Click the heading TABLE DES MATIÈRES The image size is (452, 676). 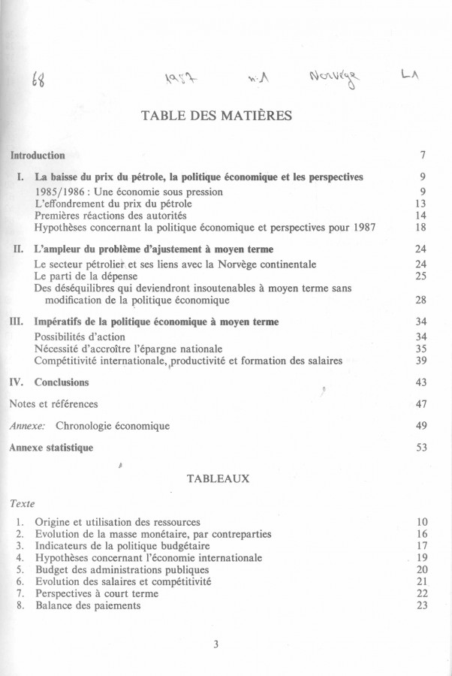[x=217, y=116]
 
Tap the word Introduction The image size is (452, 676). [x=37, y=155]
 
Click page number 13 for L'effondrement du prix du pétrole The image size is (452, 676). [x=420, y=204]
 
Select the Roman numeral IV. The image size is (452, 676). [x=17, y=382]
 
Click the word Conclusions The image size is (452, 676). [x=62, y=382]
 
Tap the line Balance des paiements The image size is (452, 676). [x=88, y=605]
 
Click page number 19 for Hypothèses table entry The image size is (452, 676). [x=420, y=558]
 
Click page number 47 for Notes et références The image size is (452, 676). [x=420, y=404]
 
